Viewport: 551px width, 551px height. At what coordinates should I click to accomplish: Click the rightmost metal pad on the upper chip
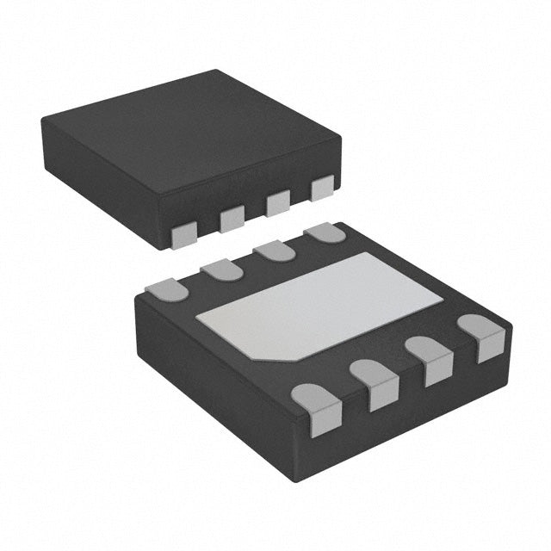[x=322, y=188]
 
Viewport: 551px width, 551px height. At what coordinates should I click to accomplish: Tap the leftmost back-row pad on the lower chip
[x=167, y=290]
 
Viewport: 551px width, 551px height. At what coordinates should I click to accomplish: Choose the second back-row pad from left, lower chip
[x=220, y=270]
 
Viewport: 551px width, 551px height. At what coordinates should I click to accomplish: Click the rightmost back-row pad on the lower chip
[x=325, y=232]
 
